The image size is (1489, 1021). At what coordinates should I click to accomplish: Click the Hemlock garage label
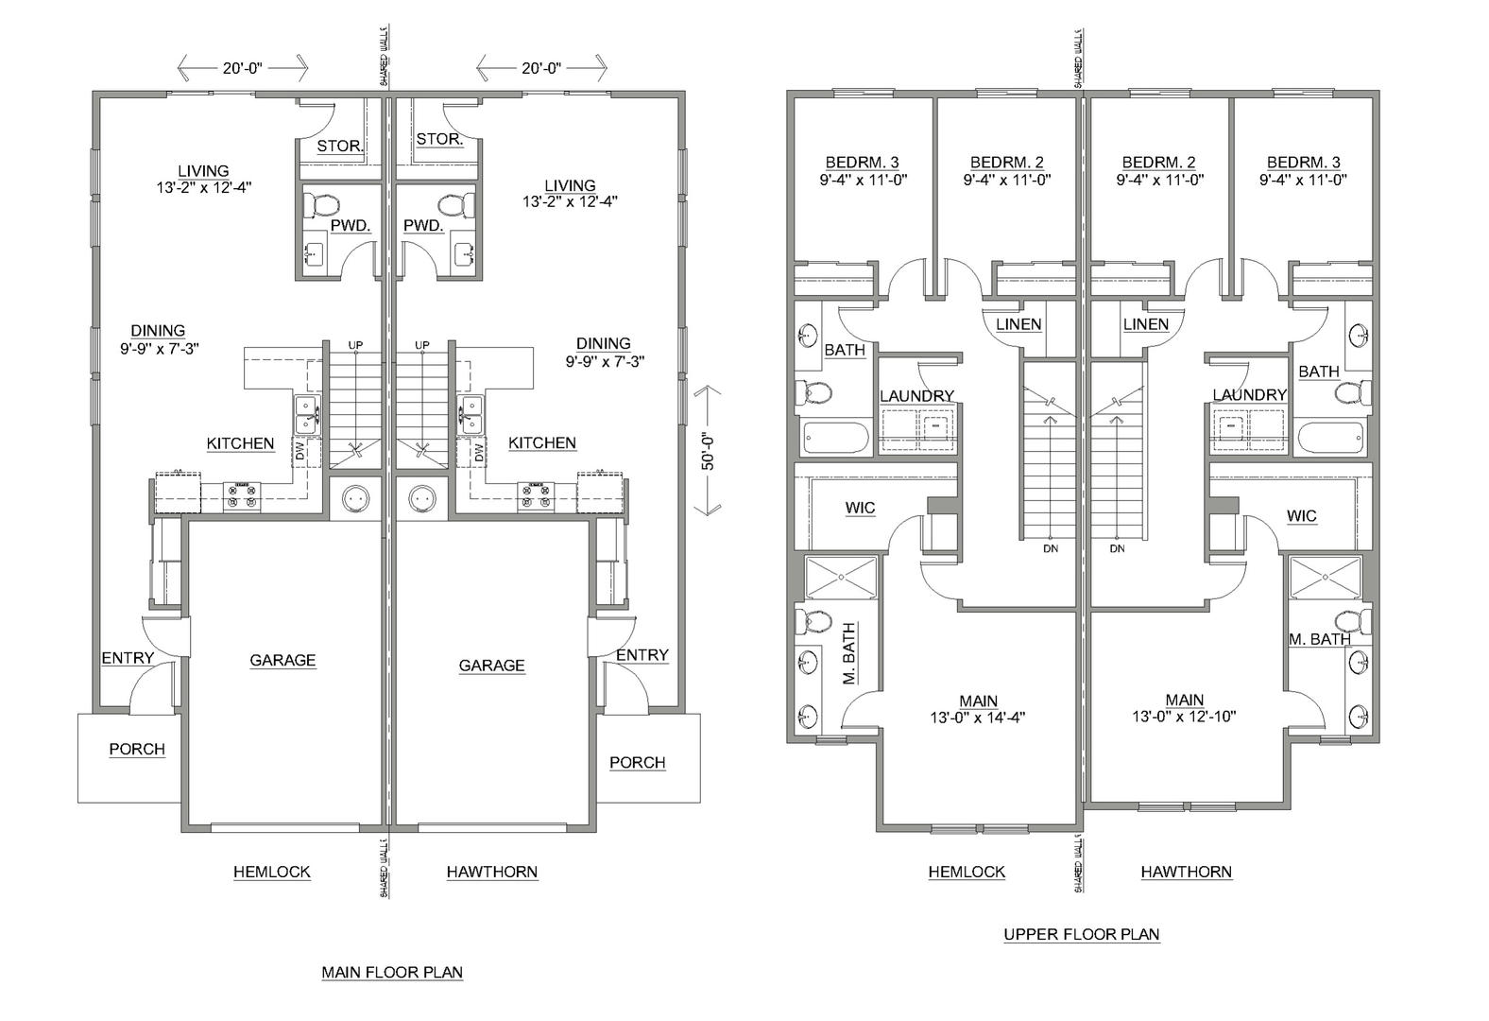pyautogui.click(x=282, y=661)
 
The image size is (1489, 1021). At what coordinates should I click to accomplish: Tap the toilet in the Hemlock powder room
pyautogui.click(x=322, y=204)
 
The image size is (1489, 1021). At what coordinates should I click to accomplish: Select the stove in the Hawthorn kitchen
pyautogui.click(x=536, y=496)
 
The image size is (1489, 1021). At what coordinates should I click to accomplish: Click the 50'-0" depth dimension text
pyautogui.click(x=709, y=452)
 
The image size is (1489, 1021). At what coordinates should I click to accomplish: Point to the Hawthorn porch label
pyautogui.click(x=638, y=762)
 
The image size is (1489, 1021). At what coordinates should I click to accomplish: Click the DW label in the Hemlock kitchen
pyautogui.click(x=300, y=452)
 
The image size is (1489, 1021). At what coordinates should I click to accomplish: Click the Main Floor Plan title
pyautogui.click(x=392, y=973)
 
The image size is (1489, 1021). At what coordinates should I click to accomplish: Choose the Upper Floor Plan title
pyautogui.click(x=1082, y=935)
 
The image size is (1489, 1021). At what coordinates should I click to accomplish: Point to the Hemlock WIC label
pyautogui.click(x=860, y=509)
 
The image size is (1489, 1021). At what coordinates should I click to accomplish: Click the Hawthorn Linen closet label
pyautogui.click(x=1146, y=324)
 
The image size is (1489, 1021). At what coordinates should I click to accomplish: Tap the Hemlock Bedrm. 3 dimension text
pyautogui.click(x=864, y=180)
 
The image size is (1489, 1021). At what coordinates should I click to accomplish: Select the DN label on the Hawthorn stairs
pyautogui.click(x=1118, y=548)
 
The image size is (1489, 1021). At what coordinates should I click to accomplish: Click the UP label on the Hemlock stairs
pyautogui.click(x=355, y=345)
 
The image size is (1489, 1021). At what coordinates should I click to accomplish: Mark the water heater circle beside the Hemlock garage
pyautogui.click(x=356, y=497)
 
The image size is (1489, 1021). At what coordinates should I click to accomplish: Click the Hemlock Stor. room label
pyautogui.click(x=340, y=147)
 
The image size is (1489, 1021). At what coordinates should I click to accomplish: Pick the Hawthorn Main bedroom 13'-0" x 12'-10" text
pyautogui.click(x=1185, y=717)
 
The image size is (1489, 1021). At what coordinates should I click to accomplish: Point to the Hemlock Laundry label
pyautogui.click(x=916, y=396)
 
